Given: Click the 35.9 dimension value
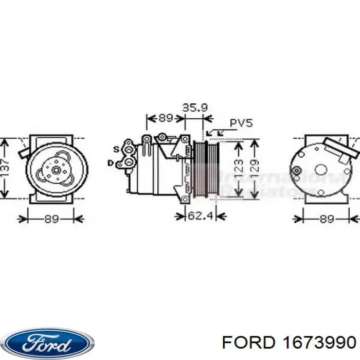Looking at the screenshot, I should [194, 107].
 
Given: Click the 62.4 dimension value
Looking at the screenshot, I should [200, 216].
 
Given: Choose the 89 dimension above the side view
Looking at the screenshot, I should [165, 118].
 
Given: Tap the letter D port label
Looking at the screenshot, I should [110, 163].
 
